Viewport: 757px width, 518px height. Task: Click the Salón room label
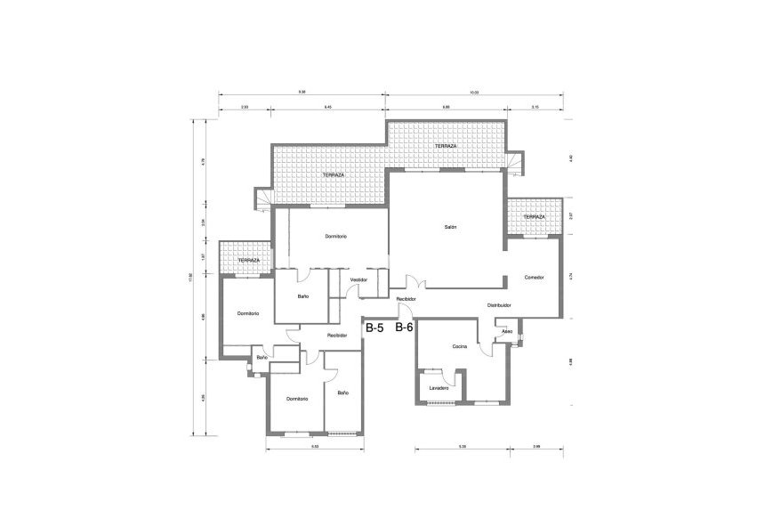[450, 228]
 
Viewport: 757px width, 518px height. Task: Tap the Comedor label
[534, 278]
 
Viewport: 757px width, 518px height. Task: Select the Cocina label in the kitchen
[460, 345]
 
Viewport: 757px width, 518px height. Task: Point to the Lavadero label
[438, 388]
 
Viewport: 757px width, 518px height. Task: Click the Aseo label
[507, 331]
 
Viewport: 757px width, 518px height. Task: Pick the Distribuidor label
[498, 305]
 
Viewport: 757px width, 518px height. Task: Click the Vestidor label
[359, 279]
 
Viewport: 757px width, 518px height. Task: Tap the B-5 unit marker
[374, 328]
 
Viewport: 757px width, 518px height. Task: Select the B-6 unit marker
[404, 328]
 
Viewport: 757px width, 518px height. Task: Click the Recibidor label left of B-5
[336, 335]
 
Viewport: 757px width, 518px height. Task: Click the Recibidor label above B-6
[407, 299]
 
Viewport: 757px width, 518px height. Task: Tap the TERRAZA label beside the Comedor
[534, 217]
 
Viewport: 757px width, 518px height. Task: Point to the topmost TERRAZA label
[446, 146]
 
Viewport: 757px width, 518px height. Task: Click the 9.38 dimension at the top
[302, 93]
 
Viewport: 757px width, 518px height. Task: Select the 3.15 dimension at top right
[534, 107]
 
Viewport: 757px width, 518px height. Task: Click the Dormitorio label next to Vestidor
[335, 236]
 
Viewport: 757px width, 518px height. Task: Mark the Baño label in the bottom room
[342, 393]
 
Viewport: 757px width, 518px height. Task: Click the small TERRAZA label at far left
[248, 260]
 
